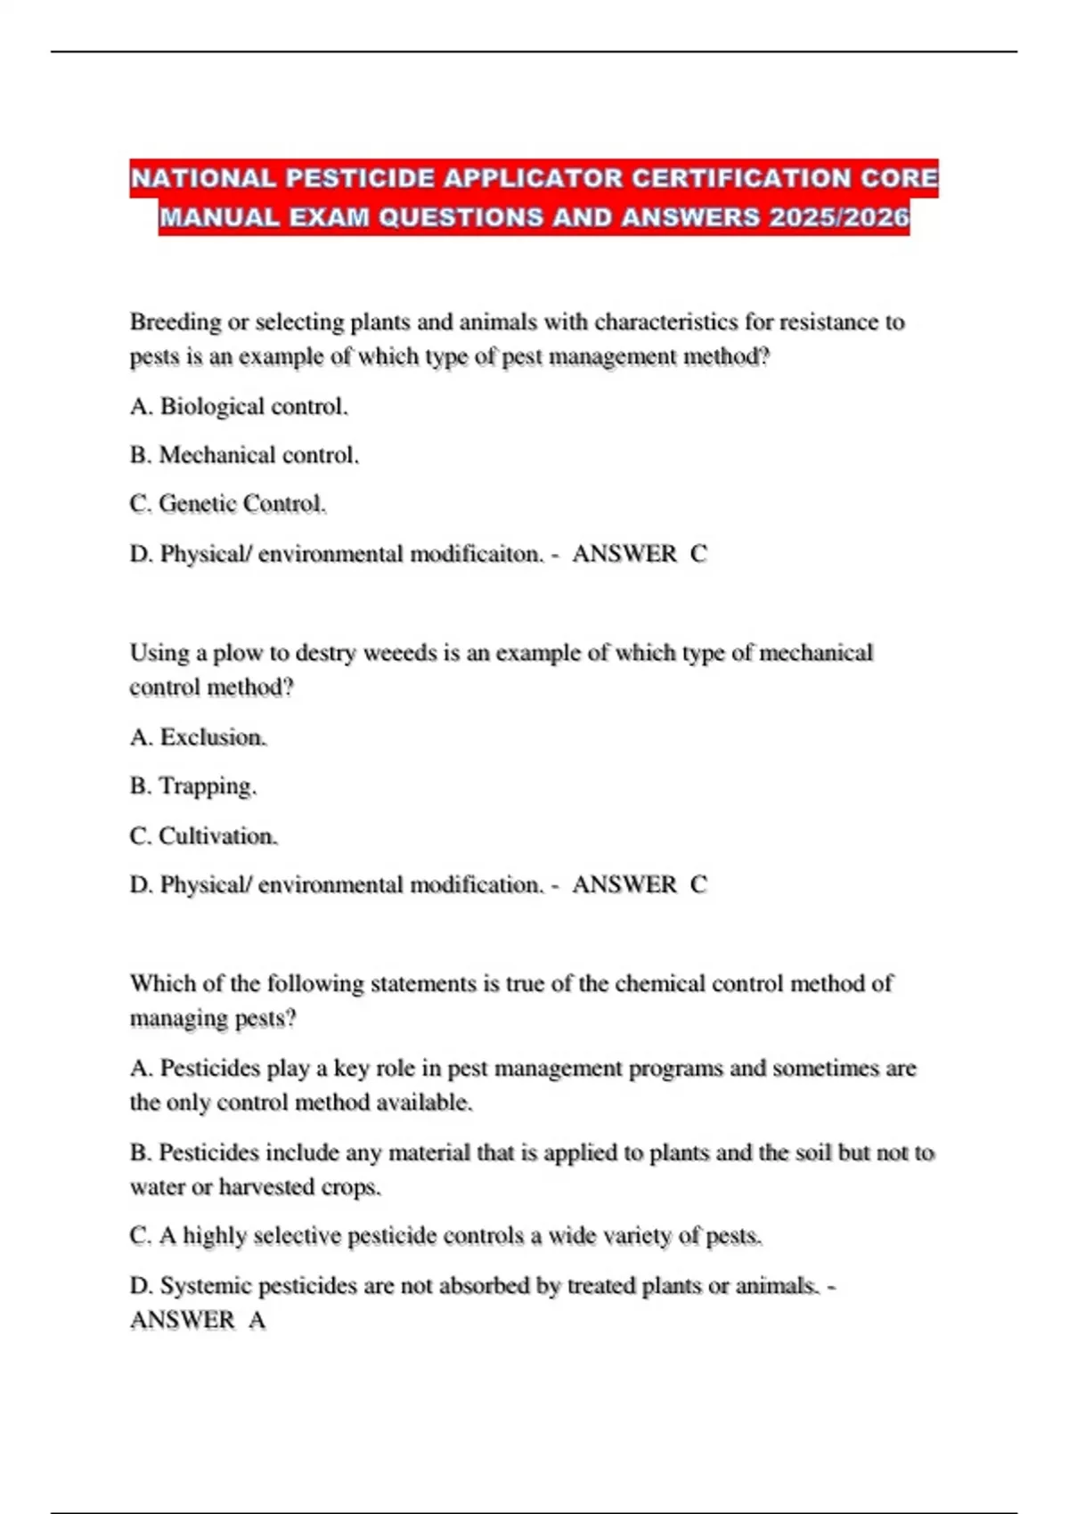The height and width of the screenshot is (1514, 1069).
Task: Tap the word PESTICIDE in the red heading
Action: (x=361, y=178)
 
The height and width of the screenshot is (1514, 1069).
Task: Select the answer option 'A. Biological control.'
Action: (x=239, y=406)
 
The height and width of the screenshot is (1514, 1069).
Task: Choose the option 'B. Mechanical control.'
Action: (x=244, y=455)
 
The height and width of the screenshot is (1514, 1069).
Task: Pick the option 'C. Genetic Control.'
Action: (x=228, y=504)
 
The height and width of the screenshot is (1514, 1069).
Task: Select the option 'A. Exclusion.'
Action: (x=198, y=737)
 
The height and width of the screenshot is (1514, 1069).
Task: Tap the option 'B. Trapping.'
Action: (x=192, y=786)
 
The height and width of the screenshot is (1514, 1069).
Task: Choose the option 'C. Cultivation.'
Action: (x=203, y=836)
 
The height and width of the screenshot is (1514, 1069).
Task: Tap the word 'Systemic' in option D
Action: (x=206, y=1286)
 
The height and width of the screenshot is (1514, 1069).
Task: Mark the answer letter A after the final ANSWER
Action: (x=257, y=1320)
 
